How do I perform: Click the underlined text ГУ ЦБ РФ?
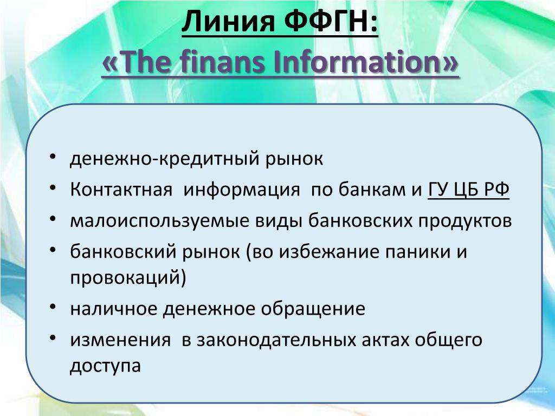pos(469,189)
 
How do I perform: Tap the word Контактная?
pos(121,189)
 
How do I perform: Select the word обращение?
pos(313,308)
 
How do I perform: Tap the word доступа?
pos(105,366)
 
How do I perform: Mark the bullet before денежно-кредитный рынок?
pos(53,157)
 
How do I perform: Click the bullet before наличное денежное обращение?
pos(53,307)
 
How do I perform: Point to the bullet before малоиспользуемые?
pos(53,219)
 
